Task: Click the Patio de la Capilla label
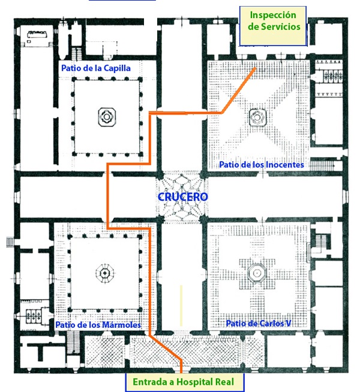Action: coord(95,68)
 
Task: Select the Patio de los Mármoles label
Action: coord(98,325)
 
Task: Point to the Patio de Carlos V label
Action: coord(259,324)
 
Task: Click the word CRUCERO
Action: coord(183,197)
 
